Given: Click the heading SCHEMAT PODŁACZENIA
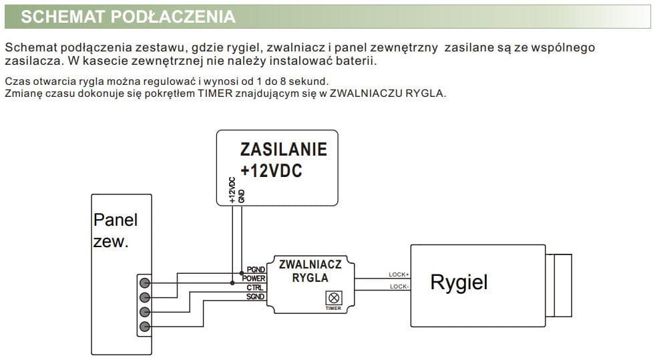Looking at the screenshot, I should (x=128, y=17).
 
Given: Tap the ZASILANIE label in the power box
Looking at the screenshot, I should (x=283, y=148).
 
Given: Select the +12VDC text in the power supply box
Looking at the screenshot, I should (x=271, y=170).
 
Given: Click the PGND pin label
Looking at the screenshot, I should (x=256, y=269).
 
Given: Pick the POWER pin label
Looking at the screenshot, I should (x=254, y=278).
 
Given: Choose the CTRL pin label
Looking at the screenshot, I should (x=256, y=287).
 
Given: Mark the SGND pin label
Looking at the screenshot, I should (x=256, y=296).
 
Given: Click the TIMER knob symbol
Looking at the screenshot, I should (x=333, y=297).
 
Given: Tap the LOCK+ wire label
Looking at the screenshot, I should (x=399, y=275).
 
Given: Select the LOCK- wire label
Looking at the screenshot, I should (x=399, y=287).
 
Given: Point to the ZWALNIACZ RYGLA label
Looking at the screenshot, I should (x=310, y=271).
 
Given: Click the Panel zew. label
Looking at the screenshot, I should (x=114, y=230).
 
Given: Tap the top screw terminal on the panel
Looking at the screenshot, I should (x=145, y=283).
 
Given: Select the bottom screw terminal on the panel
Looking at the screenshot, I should (x=145, y=327).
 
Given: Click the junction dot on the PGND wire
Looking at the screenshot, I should (x=241, y=273).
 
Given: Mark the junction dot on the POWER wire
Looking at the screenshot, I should (x=232, y=283).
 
